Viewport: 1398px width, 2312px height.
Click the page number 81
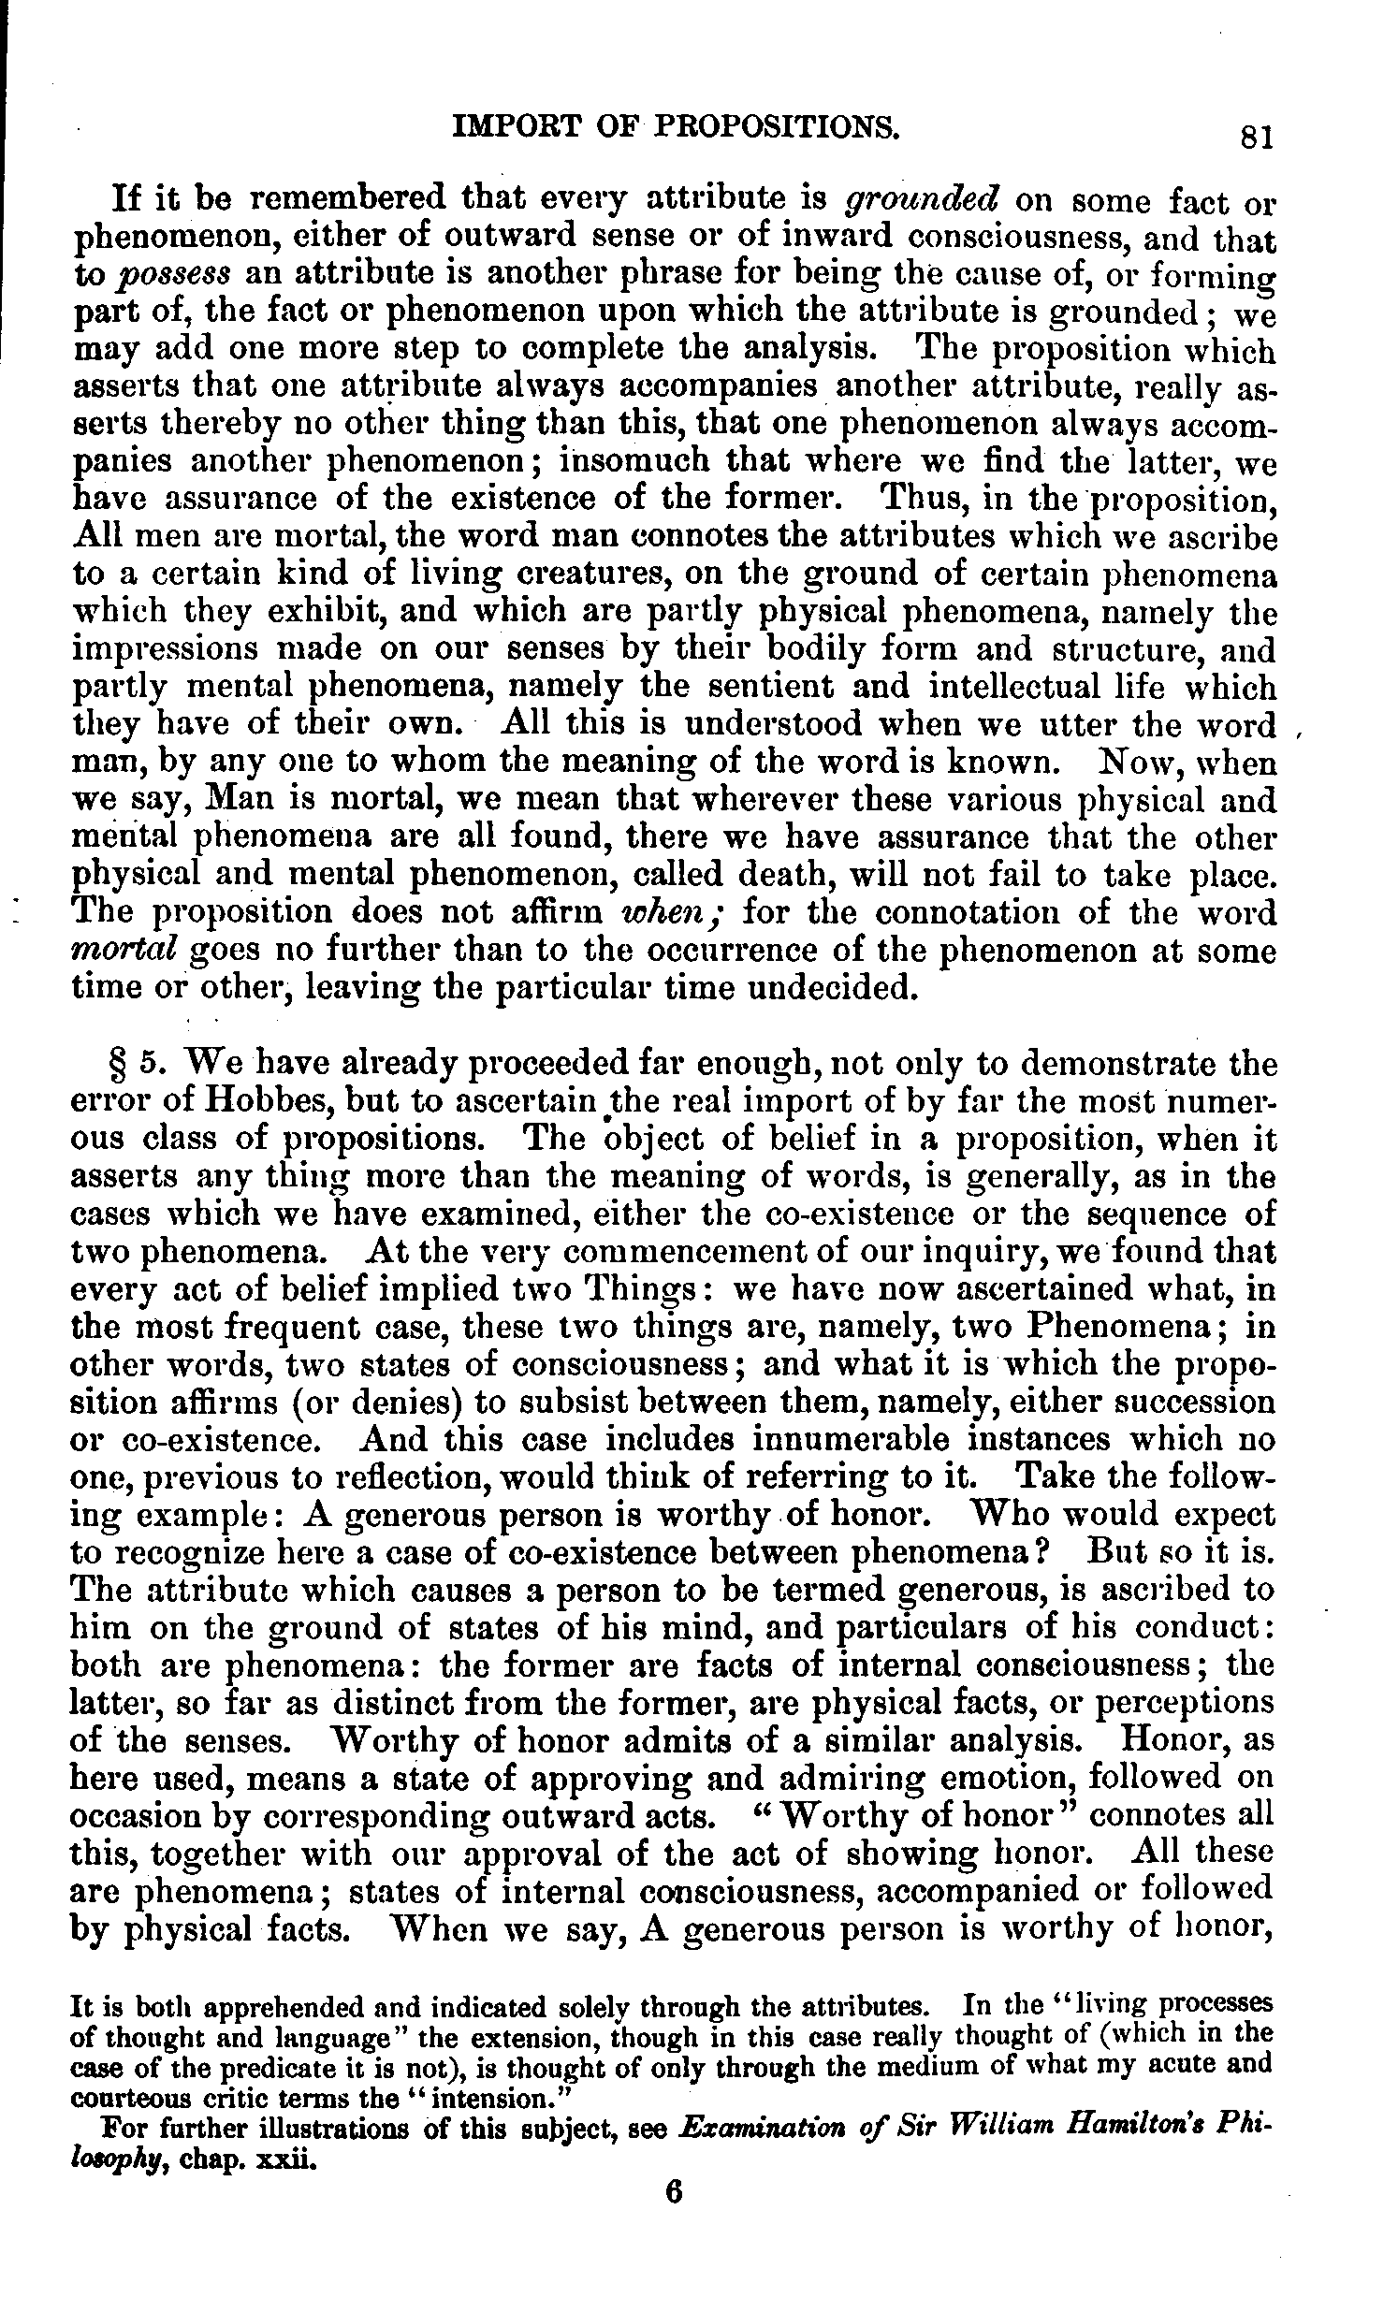tap(1256, 138)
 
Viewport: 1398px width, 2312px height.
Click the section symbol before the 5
tap(119, 1065)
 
